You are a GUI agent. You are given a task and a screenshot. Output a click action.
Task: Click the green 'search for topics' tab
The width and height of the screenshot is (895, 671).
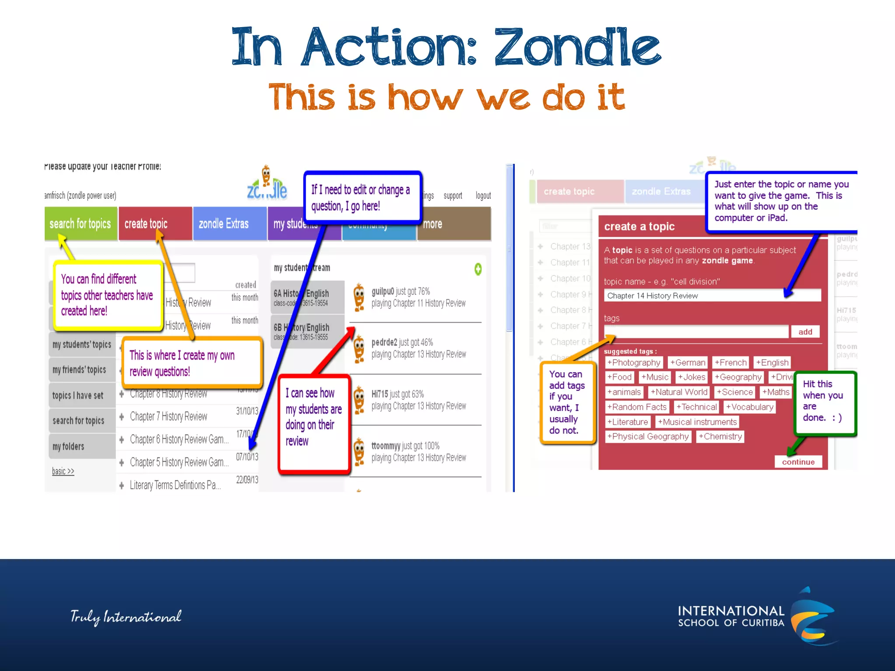(x=80, y=224)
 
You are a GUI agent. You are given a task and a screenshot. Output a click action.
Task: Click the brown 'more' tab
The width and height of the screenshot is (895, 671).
(x=454, y=224)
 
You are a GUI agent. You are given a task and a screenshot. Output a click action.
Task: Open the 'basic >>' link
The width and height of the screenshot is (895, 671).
(x=63, y=471)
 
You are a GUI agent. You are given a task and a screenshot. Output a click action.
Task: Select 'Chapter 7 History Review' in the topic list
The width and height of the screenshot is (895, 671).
(x=169, y=416)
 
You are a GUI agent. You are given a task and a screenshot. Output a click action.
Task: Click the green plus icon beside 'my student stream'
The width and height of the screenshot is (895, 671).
(x=478, y=269)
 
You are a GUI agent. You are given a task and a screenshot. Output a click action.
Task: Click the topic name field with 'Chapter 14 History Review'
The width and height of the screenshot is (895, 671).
(x=712, y=296)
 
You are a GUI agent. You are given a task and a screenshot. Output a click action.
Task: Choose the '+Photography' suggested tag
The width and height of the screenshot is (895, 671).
(x=634, y=363)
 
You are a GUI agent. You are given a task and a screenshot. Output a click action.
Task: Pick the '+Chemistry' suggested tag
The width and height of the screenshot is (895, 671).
(x=720, y=436)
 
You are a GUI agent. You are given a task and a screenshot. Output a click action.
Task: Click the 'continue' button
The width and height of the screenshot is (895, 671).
(x=798, y=462)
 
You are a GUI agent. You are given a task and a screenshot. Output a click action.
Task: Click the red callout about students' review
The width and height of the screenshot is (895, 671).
(x=314, y=423)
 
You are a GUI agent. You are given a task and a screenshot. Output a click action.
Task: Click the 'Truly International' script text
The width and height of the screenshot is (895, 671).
(x=126, y=617)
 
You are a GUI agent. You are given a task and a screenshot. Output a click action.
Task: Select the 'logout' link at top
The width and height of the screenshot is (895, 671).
(x=483, y=196)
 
